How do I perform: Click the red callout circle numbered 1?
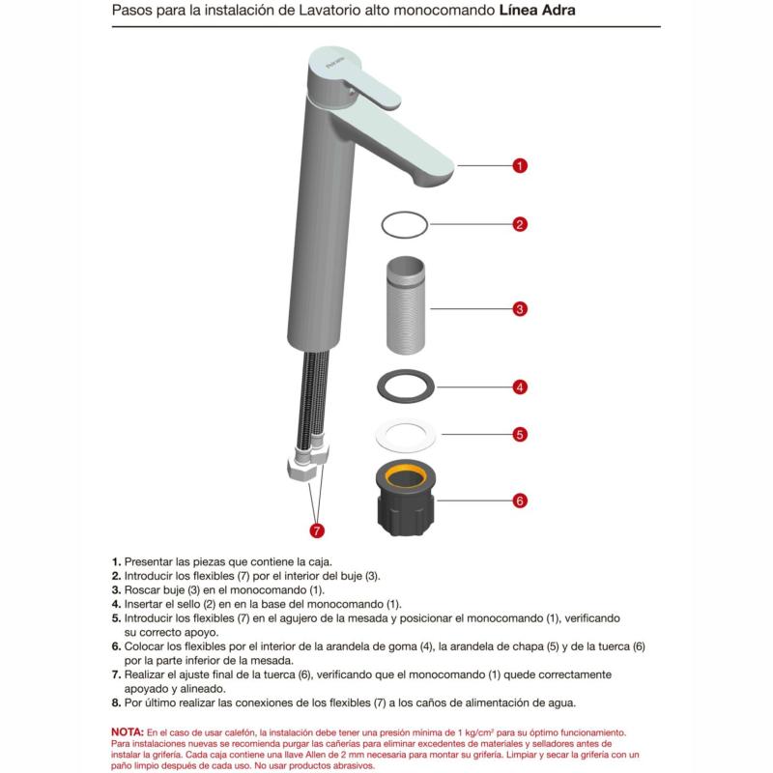pyautogui.click(x=519, y=165)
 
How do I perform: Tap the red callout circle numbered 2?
pyautogui.click(x=519, y=224)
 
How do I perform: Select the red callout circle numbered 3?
pyautogui.click(x=519, y=309)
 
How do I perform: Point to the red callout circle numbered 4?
pyautogui.click(x=519, y=386)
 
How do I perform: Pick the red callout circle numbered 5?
pyautogui.click(x=519, y=435)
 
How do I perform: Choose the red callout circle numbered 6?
pyautogui.click(x=519, y=501)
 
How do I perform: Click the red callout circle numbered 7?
pyautogui.click(x=315, y=530)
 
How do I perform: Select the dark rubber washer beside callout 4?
pyautogui.click(x=403, y=386)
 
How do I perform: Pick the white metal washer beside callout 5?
pyautogui.click(x=403, y=435)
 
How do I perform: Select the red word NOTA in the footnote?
pyautogui.click(x=128, y=731)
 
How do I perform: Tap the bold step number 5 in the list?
pyautogui.click(x=116, y=616)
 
